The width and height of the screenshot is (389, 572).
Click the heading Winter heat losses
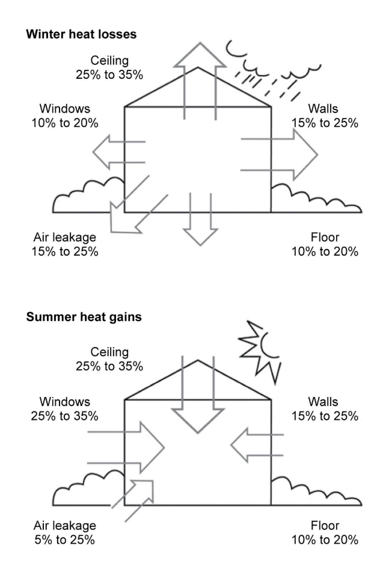(x=81, y=34)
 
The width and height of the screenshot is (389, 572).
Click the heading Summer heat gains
(x=84, y=317)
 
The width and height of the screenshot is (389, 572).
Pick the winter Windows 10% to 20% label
(x=65, y=116)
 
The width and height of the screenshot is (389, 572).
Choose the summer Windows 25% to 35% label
(x=65, y=408)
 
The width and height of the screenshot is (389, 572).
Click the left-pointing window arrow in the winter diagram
(x=117, y=152)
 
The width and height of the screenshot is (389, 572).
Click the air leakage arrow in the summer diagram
(x=139, y=497)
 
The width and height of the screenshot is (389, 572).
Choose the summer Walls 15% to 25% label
(x=325, y=408)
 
